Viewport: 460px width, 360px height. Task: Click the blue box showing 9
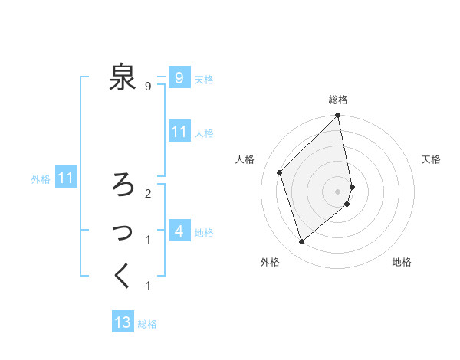pyautogui.click(x=179, y=77)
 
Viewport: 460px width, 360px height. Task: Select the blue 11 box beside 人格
pyautogui.click(x=179, y=132)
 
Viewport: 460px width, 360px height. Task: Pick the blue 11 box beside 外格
pyautogui.click(x=66, y=178)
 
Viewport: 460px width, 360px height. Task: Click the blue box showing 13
pyautogui.click(x=123, y=322)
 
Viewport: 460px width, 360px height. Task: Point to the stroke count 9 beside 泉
pyautogui.click(x=147, y=87)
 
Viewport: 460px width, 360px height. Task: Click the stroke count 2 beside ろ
pyautogui.click(x=147, y=193)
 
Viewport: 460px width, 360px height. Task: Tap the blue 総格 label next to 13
pyautogui.click(x=147, y=324)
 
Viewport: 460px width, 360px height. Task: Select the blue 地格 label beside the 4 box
pyautogui.click(x=204, y=232)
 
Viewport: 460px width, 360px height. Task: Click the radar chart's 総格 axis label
pyautogui.click(x=338, y=100)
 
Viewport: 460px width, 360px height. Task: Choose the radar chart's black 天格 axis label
pyautogui.click(x=431, y=159)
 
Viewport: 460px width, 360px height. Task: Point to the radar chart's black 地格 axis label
pyautogui.click(x=402, y=263)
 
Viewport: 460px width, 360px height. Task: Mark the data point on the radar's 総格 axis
pyautogui.click(x=338, y=116)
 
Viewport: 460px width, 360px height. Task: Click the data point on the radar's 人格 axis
pyautogui.click(x=280, y=172)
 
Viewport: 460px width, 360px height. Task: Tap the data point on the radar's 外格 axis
pyautogui.click(x=302, y=242)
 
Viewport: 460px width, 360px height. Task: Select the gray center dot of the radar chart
pyautogui.click(x=338, y=191)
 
